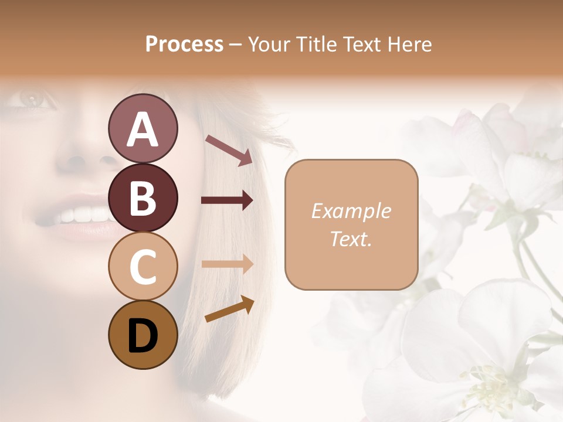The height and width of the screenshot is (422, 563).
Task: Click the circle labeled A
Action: click(143, 128)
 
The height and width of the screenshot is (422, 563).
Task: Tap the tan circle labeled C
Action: click(143, 266)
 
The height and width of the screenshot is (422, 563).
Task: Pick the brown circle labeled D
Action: click(143, 335)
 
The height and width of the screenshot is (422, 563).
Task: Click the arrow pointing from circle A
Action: click(229, 149)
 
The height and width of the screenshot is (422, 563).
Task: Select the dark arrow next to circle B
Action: click(227, 200)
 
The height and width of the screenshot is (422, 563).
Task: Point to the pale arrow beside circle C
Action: click(227, 263)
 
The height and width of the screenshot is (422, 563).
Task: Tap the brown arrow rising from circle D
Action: click(229, 309)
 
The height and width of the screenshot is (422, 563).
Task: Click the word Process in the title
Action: click(184, 44)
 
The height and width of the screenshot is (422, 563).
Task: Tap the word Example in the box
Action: click(351, 212)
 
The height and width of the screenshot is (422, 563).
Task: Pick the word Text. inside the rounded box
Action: click(351, 239)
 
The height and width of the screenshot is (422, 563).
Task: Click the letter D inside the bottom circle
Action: click(143, 336)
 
